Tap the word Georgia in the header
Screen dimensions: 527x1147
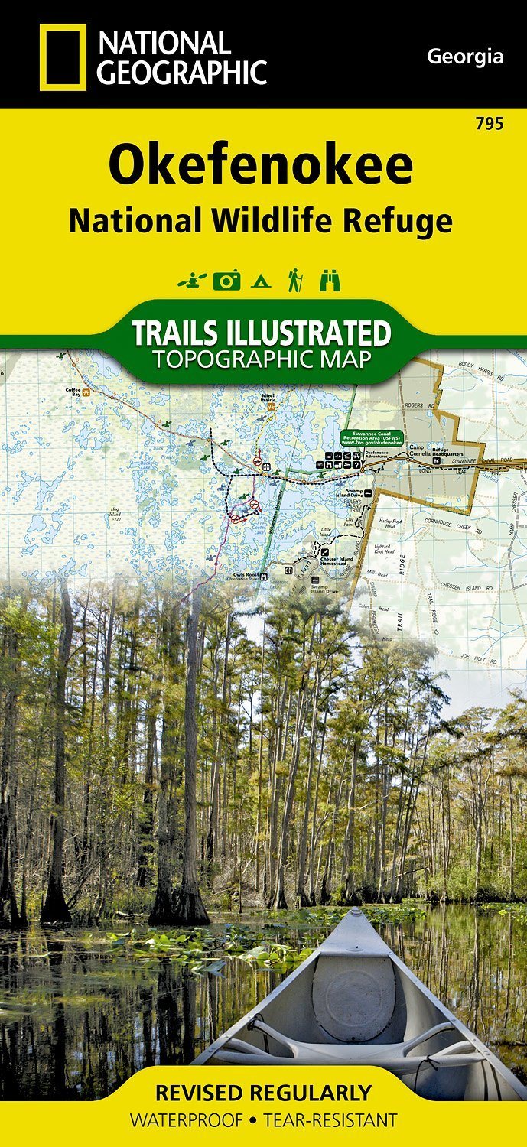pyautogui.click(x=465, y=56)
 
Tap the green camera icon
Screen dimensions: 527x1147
pyautogui.click(x=226, y=281)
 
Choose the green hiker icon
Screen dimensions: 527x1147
pyautogui.click(x=293, y=281)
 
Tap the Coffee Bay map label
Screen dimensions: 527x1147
pyautogui.click(x=73, y=391)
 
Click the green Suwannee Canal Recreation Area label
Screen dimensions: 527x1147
pyautogui.click(x=370, y=439)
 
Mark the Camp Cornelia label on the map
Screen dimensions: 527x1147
pyautogui.click(x=416, y=450)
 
